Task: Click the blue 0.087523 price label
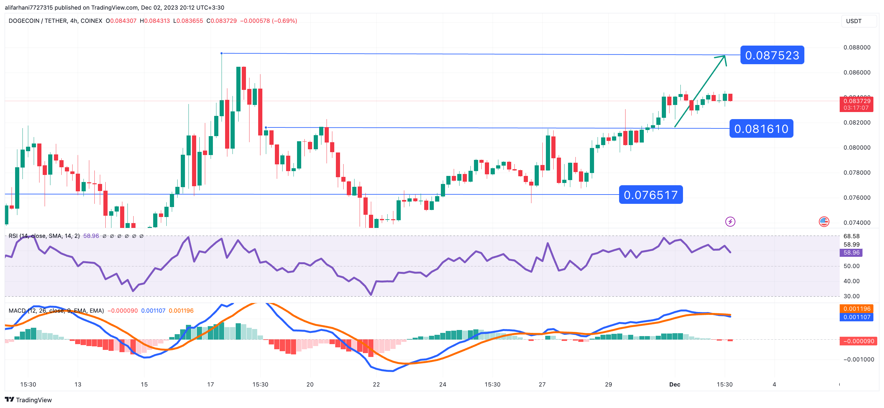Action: click(x=772, y=55)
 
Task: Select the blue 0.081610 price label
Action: click(x=761, y=129)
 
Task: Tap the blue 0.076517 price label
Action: click(x=650, y=195)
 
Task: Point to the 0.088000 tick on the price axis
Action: click(x=857, y=48)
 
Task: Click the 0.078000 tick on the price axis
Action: click(x=857, y=173)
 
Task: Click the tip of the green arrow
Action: click(x=724, y=56)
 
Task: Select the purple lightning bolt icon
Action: click(x=730, y=222)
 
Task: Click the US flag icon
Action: click(x=824, y=222)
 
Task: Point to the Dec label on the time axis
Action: click(x=674, y=384)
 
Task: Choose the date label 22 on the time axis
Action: click(x=376, y=384)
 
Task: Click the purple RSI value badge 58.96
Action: click(x=851, y=253)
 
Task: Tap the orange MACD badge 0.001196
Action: click(x=857, y=309)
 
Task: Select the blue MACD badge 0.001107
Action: click(x=857, y=317)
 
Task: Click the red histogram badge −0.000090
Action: click(x=857, y=341)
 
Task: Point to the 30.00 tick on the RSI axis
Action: click(x=851, y=296)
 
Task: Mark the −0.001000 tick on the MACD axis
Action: click(x=858, y=360)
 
